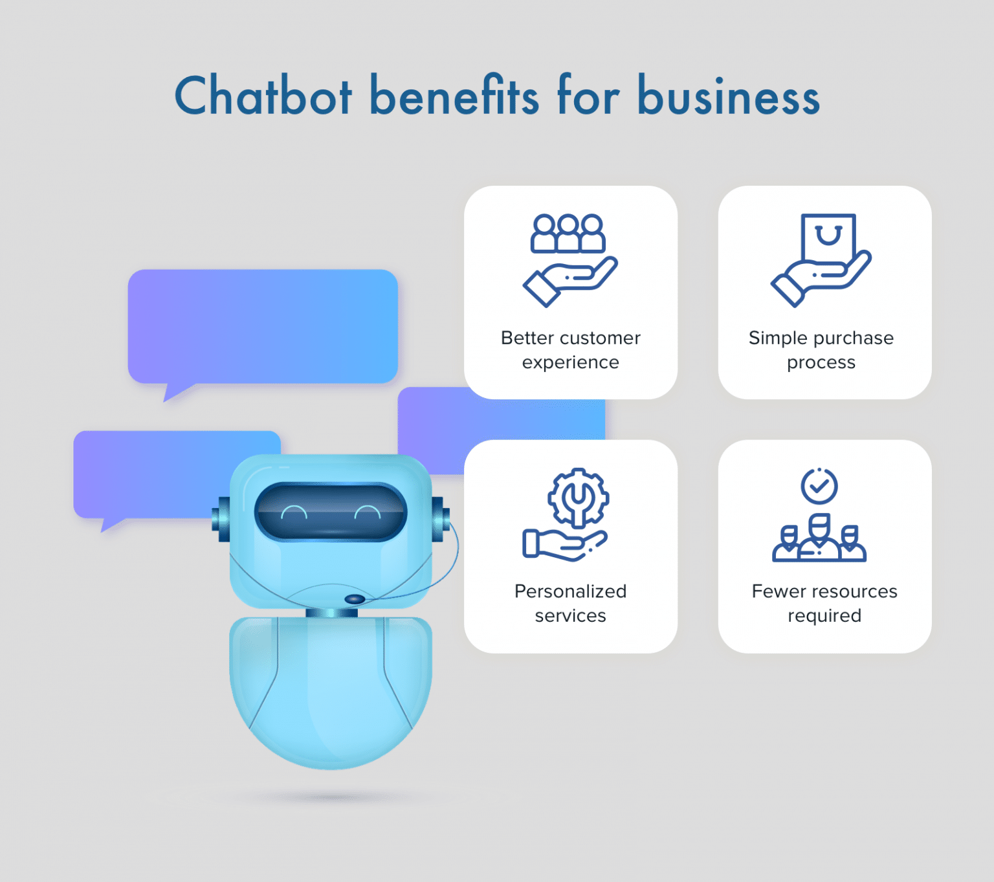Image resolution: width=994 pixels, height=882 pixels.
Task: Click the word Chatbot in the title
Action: (x=263, y=96)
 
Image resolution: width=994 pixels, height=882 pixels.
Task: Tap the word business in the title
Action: (x=729, y=96)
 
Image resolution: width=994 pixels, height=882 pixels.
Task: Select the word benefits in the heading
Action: (x=454, y=96)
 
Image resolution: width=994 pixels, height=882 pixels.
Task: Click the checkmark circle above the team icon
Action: (x=819, y=486)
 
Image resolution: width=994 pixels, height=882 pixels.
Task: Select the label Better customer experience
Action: (x=571, y=350)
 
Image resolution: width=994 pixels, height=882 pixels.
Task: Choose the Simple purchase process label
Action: (x=821, y=350)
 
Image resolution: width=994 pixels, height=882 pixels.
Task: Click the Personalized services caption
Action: (x=571, y=603)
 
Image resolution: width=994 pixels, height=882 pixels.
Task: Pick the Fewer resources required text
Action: (x=824, y=603)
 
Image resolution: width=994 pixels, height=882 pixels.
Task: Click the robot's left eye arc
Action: (x=294, y=513)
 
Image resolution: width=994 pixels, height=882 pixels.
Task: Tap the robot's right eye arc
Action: (x=368, y=513)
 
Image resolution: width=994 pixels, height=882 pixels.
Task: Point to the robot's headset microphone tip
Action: (x=355, y=599)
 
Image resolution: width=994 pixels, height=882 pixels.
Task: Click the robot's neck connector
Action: (x=331, y=613)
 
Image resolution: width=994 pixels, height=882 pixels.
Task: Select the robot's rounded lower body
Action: (x=331, y=692)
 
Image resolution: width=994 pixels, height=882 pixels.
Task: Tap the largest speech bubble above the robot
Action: (x=263, y=326)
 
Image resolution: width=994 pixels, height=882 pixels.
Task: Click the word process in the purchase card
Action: (x=821, y=362)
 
